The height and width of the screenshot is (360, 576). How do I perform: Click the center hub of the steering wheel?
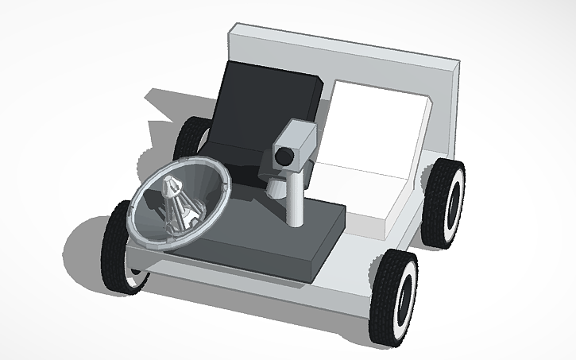point(176,205)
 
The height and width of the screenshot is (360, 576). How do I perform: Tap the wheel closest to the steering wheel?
point(121,246)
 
